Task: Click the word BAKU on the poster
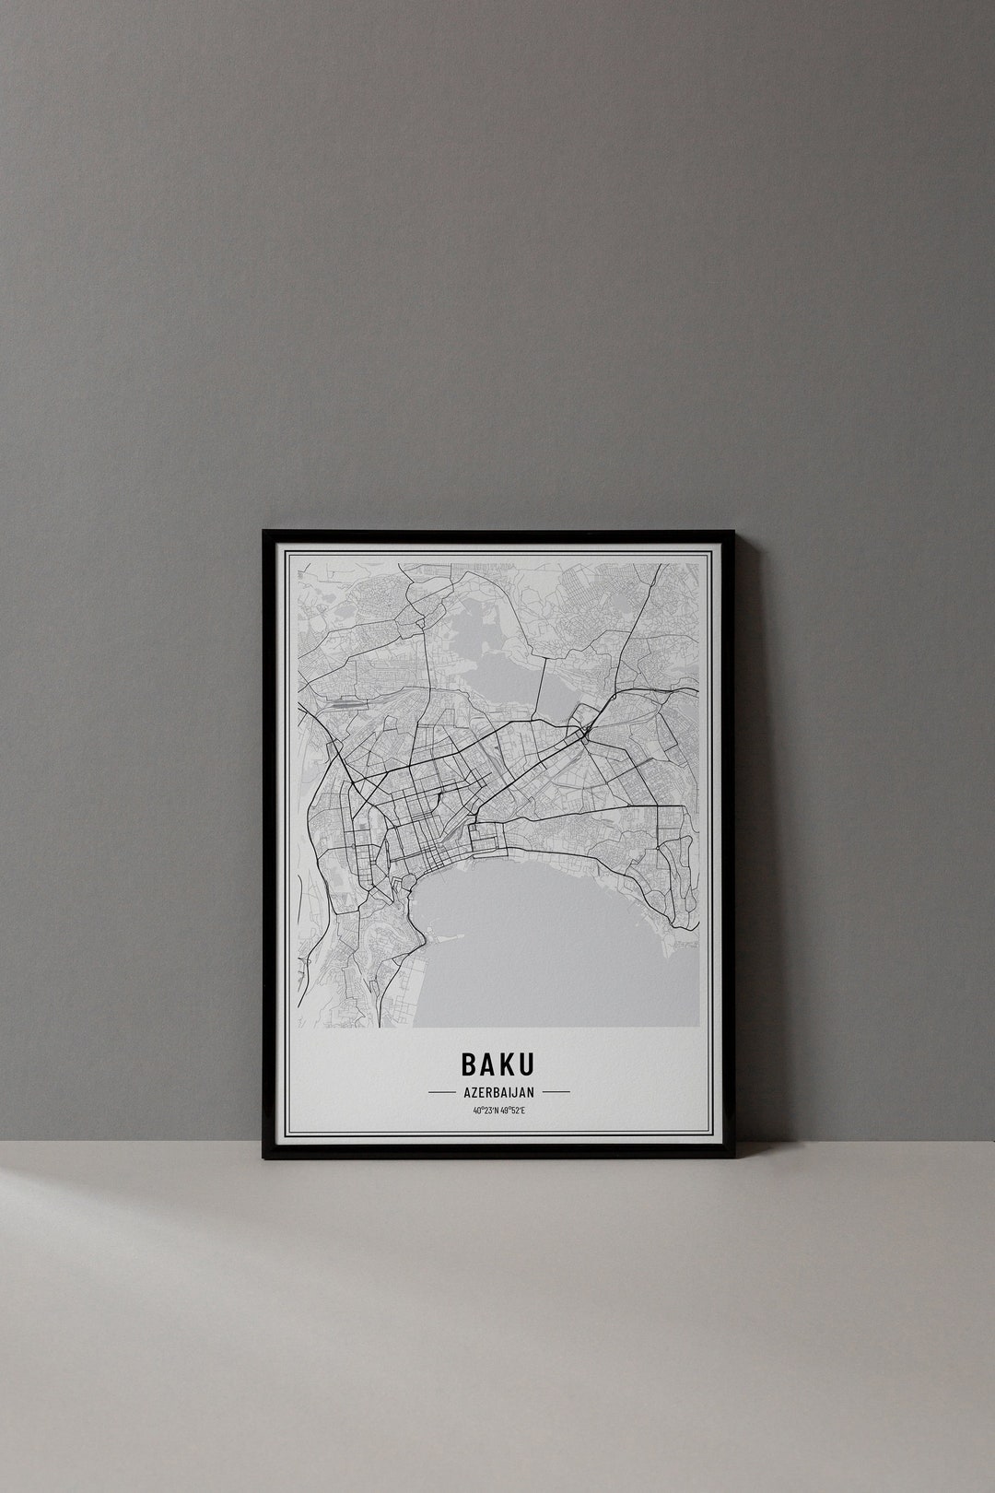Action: pyautogui.click(x=497, y=1064)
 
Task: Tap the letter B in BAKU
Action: pyautogui.click(x=469, y=1064)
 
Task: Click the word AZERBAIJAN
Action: pyautogui.click(x=497, y=1092)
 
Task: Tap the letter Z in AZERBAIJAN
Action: pyautogui.click(x=474, y=1092)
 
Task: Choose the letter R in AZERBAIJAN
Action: pyautogui.click(x=489, y=1092)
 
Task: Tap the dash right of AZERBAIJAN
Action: pyautogui.click(x=556, y=1092)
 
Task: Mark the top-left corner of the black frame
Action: pyautogui.click(x=264, y=532)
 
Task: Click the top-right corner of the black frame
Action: pyautogui.click(x=733, y=532)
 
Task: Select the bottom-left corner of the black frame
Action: pyautogui.click(x=264, y=1157)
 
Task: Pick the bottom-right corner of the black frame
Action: pyautogui.click(x=733, y=1157)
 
